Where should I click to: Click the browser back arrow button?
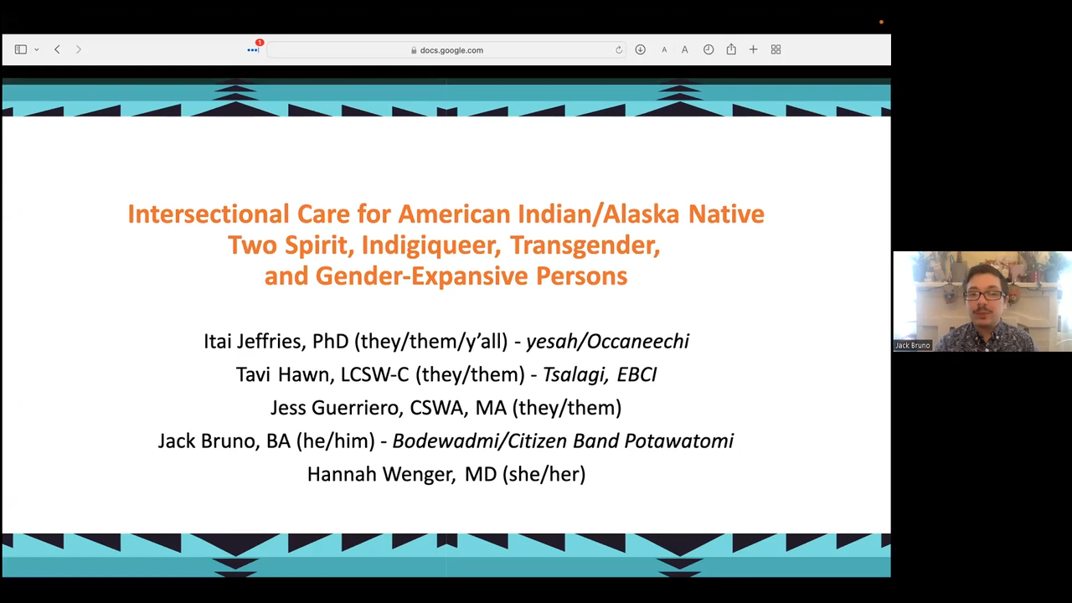(x=57, y=49)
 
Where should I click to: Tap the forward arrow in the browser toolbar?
(x=79, y=49)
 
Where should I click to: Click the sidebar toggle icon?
(x=21, y=49)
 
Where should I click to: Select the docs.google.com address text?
(x=451, y=50)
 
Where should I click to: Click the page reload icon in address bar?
(x=619, y=49)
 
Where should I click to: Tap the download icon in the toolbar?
(x=640, y=49)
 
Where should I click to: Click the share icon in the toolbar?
(x=731, y=49)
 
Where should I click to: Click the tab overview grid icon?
(x=776, y=49)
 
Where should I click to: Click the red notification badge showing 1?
(x=260, y=43)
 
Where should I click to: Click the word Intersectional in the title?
(x=209, y=214)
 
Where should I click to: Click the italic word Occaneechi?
(x=638, y=341)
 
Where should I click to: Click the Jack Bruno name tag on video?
(x=913, y=345)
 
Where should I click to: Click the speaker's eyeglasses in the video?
(x=982, y=296)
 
